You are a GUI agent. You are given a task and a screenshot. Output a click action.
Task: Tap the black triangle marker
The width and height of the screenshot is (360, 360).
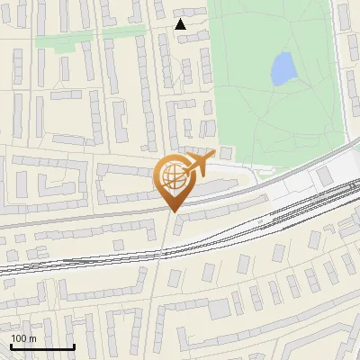click(181, 24)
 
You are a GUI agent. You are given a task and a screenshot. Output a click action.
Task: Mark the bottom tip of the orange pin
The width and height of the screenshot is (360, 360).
click(172, 211)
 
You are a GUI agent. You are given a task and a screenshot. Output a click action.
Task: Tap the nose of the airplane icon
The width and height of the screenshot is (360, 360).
click(212, 156)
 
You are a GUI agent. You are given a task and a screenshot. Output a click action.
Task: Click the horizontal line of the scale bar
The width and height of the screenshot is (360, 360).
click(42, 347)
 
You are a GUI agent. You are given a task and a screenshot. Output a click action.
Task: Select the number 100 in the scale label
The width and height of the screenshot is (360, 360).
click(19, 338)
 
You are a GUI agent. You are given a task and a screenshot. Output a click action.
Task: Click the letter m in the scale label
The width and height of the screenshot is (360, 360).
click(32, 338)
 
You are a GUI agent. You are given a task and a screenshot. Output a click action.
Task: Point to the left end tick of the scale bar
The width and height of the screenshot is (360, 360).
click(11, 345)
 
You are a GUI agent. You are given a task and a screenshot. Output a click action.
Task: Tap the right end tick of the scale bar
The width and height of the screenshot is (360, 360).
click(74, 345)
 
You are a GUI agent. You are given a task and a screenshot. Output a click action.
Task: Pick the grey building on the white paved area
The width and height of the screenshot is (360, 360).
click(325, 175)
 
